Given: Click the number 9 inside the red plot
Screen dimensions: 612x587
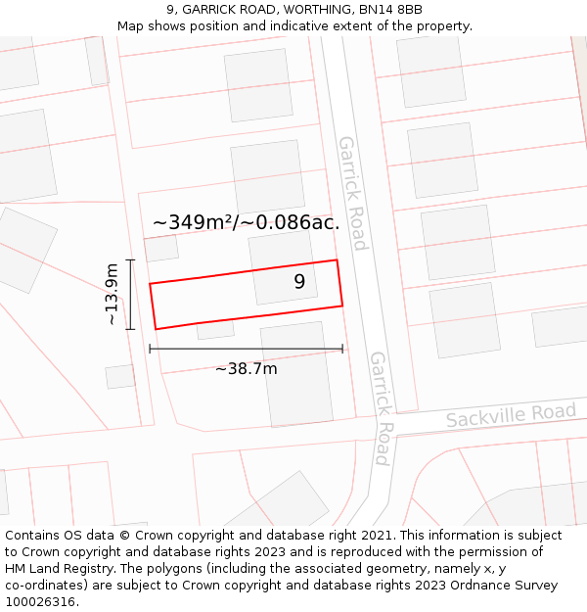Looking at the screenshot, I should coord(299,282).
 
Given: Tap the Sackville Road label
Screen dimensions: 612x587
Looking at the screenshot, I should coord(511,414).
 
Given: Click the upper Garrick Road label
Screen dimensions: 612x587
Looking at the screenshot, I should coord(351,192).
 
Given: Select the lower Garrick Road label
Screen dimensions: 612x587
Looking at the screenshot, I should coord(380,407).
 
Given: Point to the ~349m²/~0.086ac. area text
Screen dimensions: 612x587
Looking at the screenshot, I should coord(247,222).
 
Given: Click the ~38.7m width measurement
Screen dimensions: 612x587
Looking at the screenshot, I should coord(246,368).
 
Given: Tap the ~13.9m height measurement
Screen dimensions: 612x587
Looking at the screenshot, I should coord(113,294).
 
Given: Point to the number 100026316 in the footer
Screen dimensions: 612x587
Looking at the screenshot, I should coord(39,602).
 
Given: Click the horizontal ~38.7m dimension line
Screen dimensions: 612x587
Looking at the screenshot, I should coord(246,349).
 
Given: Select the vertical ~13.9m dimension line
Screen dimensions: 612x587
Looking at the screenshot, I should coord(130,294).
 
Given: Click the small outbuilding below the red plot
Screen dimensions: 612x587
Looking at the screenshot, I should coord(215,330).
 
